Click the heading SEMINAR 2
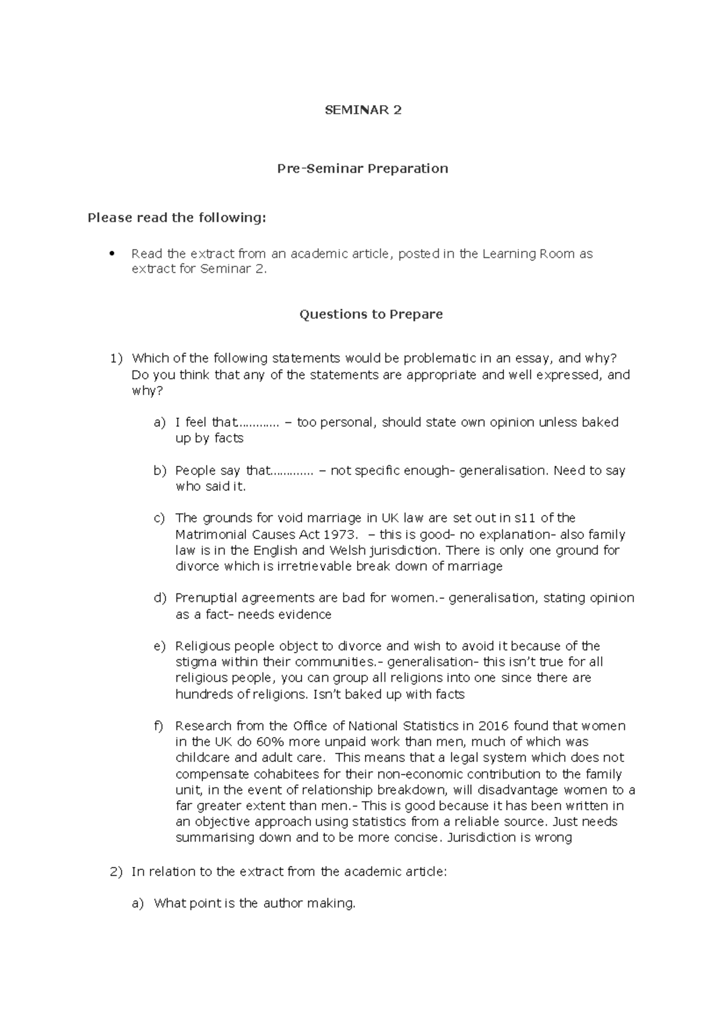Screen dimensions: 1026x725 pyautogui.click(x=362, y=110)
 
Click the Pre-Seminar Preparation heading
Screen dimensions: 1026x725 pyautogui.click(x=362, y=169)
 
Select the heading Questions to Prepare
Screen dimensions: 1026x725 pyautogui.click(x=371, y=314)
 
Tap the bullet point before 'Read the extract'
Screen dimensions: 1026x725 pyautogui.click(x=111, y=254)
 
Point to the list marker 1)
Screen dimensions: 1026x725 pyautogui.click(x=116, y=358)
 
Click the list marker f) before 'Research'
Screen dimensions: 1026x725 pyautogui.click(x=159, y=726)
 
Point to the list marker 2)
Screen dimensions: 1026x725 pyautogui.click(x=116, y=872)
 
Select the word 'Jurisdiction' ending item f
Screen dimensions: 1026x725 pyautogui.click(x=484, y=838)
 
